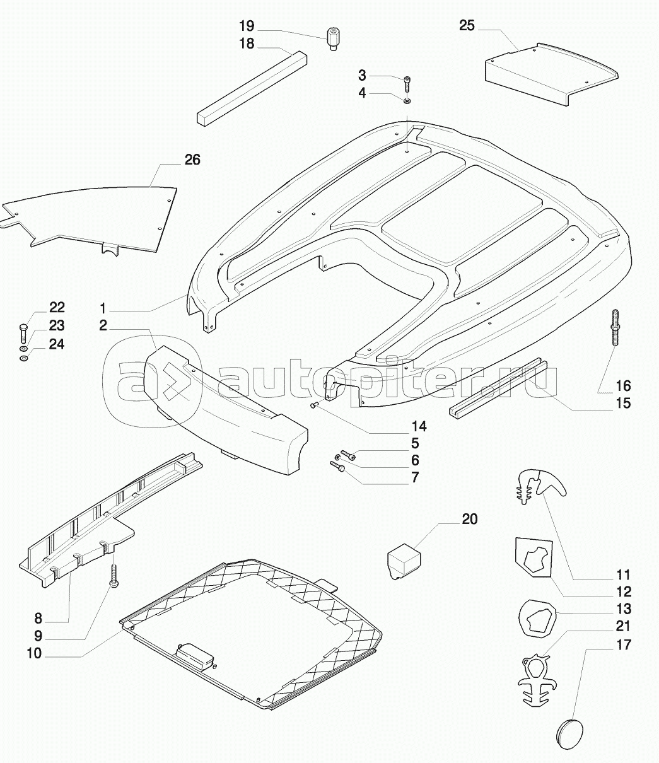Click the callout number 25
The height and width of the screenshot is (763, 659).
(x=467, y=26)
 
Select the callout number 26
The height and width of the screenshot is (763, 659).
(x=192, y=160)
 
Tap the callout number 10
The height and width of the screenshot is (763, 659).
(x=34, y=654)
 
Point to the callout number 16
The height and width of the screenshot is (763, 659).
(x=623, y=386)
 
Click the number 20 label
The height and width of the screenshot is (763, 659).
(x=470, y=519)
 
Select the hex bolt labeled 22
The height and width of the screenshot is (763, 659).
(x=23, y=332)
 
